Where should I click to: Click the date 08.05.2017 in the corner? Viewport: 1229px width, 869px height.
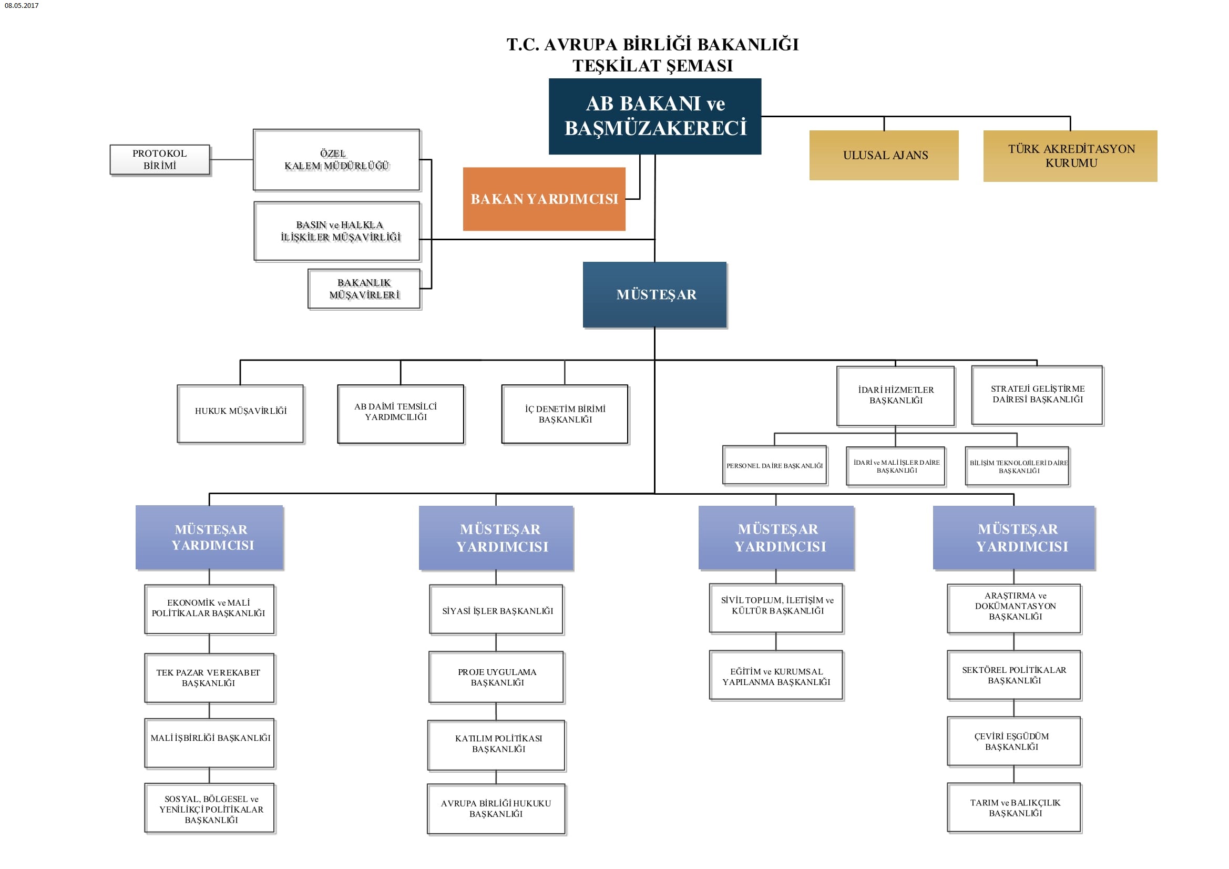point(22,5)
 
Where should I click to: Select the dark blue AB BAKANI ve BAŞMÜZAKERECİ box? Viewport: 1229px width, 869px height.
point(654,116)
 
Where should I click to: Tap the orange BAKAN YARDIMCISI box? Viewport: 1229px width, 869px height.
point(544,199)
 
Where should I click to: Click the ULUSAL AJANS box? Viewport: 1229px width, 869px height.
point(884,155)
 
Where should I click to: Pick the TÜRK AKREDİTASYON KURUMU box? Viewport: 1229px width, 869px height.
point(1070,156)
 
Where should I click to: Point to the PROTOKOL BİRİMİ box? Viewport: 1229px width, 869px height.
point(159,160)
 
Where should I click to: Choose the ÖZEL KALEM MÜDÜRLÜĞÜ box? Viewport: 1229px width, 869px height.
point(336,160)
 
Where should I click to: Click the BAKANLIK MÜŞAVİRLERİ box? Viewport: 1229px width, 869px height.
point(364,289)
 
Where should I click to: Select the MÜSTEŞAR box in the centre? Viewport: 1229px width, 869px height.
point(654,294)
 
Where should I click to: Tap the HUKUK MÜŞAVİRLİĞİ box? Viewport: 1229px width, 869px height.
point(240,413)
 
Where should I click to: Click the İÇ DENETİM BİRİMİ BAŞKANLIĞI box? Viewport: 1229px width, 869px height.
point(565,414)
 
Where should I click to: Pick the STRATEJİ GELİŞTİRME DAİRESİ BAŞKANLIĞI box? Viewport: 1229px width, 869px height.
point(1037,395)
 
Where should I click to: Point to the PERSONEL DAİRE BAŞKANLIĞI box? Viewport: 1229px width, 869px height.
point(774,465)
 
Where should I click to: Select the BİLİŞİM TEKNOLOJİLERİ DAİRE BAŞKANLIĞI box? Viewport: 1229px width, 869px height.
point(1017,466)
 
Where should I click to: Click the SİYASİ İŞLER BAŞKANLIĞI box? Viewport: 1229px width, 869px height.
point(496,610)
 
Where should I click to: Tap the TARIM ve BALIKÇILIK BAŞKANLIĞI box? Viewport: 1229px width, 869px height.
point(1014,807)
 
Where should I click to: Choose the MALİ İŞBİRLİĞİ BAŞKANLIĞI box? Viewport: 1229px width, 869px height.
point(209,743)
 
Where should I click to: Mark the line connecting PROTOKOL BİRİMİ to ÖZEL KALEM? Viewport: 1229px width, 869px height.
point(231,160)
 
